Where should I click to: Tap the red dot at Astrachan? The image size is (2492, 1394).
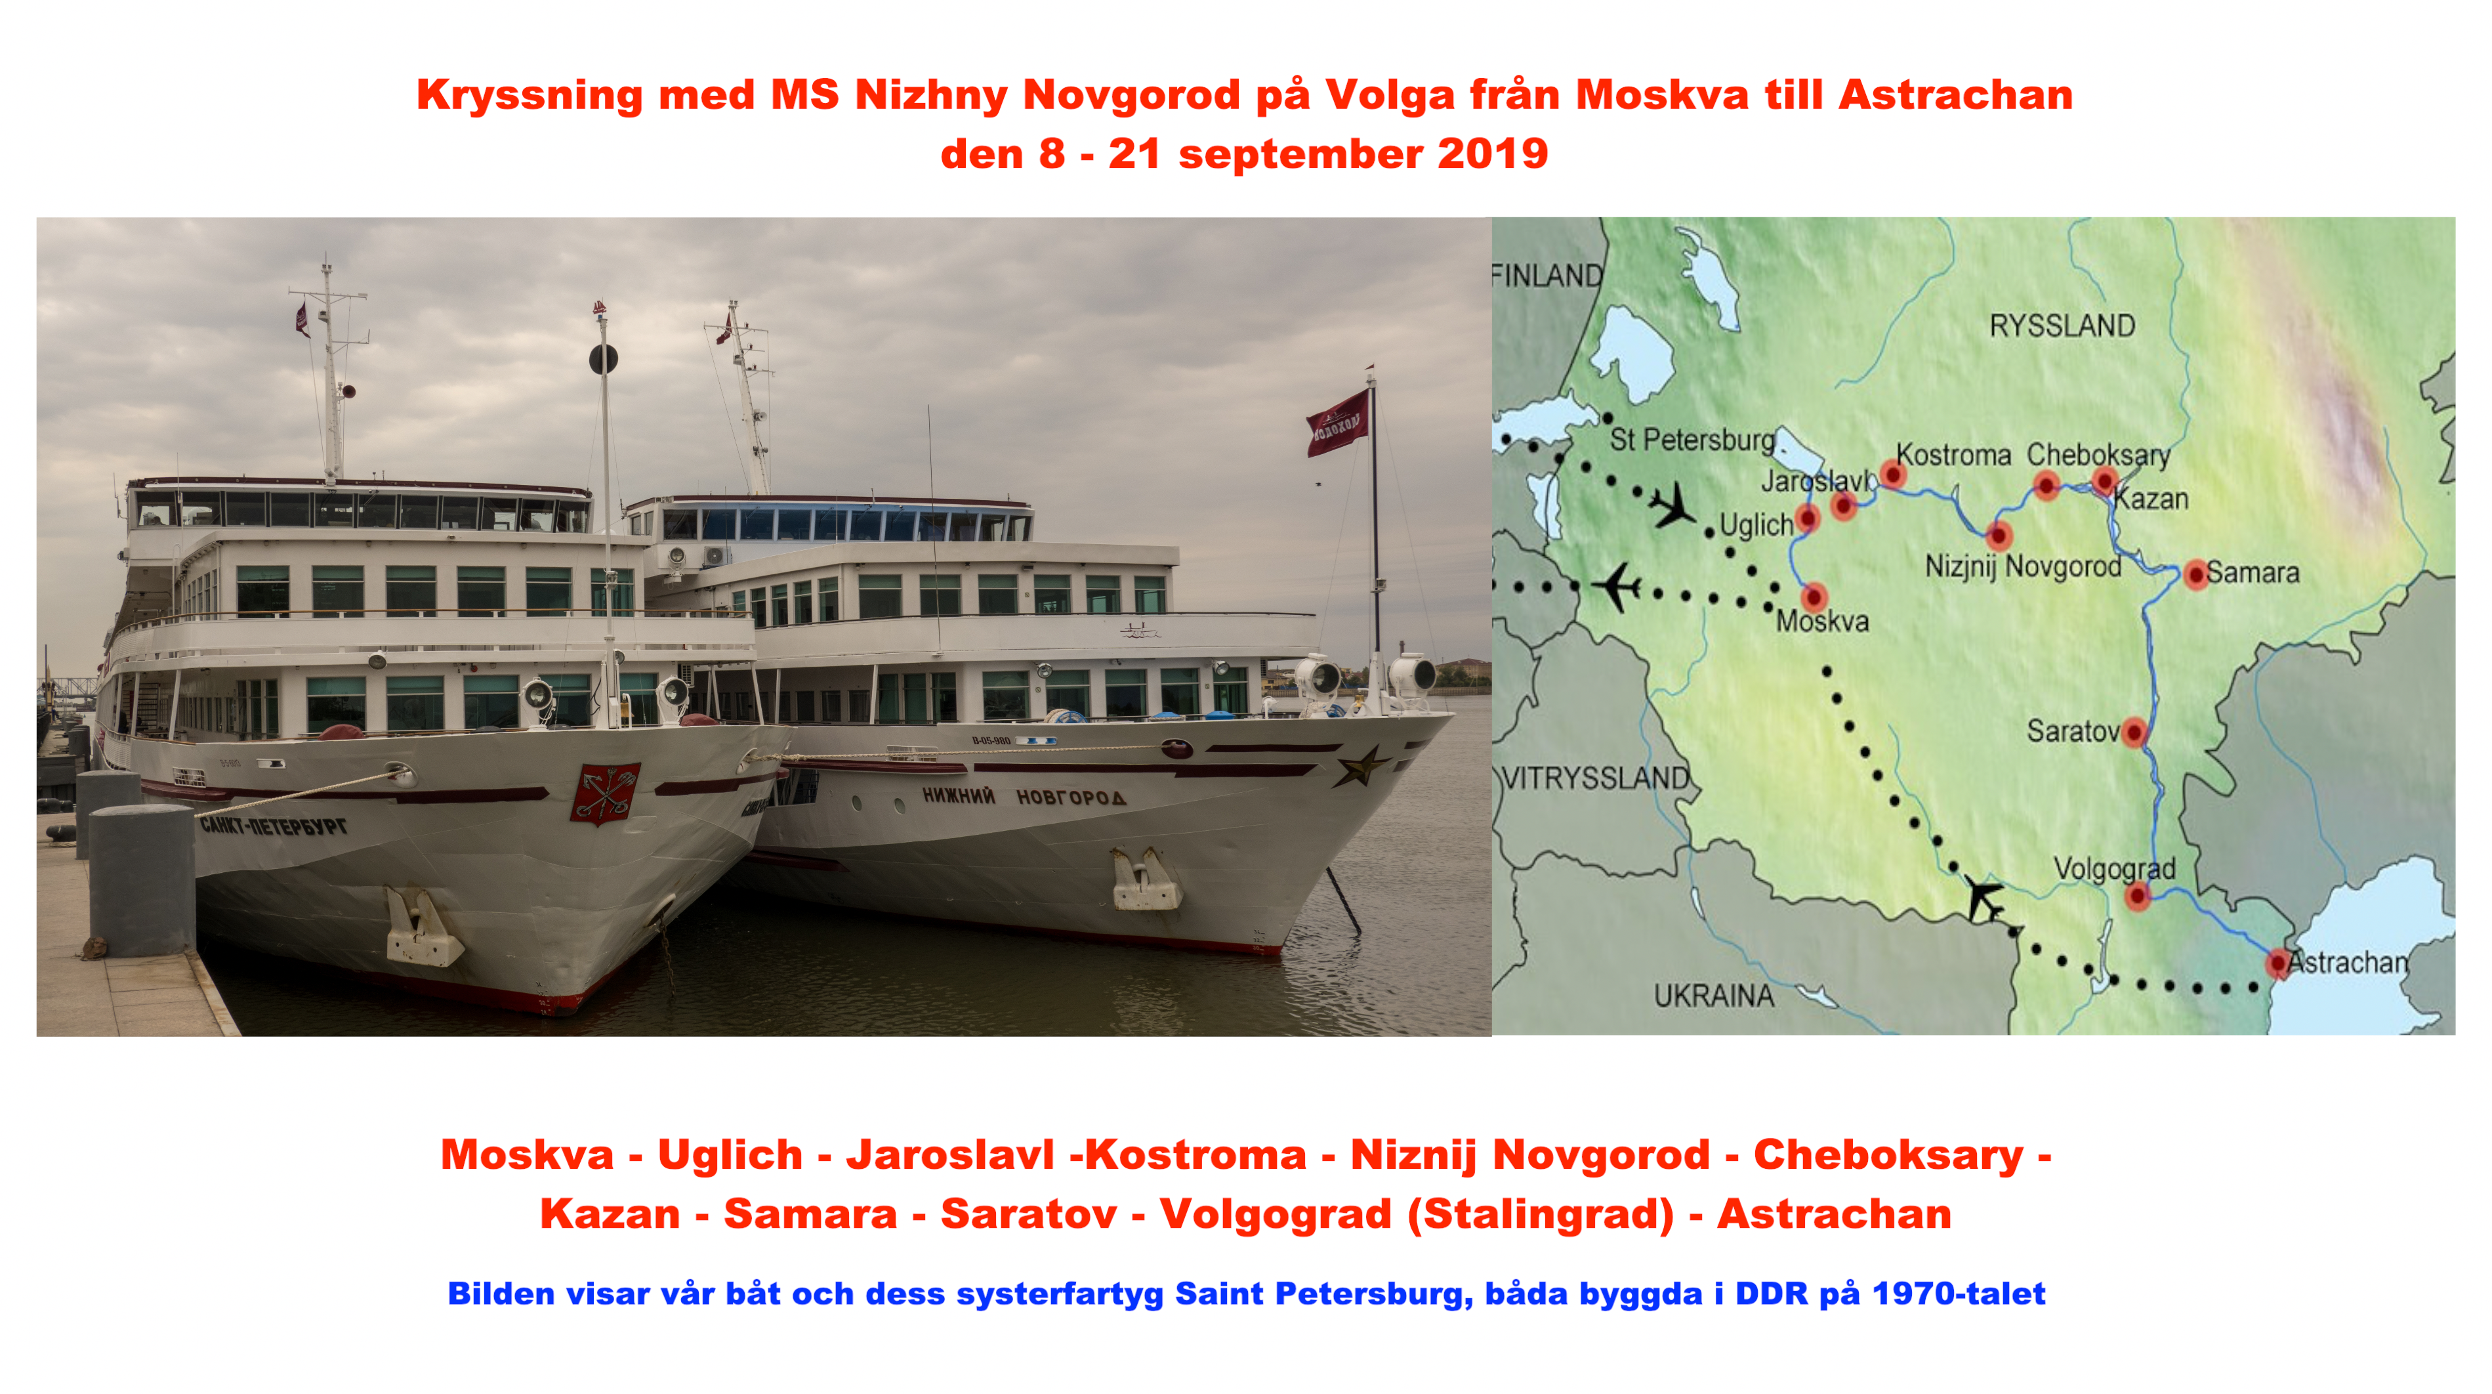(2278, 963)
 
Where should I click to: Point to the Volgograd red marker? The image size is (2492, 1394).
(2138, 896)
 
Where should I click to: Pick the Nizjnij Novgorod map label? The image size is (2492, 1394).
(2023, 566)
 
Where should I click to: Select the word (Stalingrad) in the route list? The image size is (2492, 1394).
(1540, 1214)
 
